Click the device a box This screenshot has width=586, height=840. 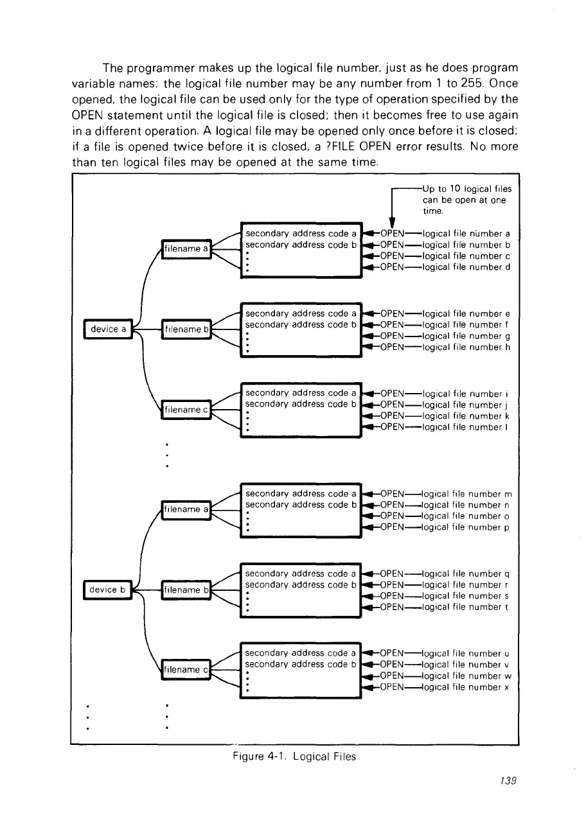click(x=107, y=329)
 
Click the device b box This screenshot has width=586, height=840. click(x=107, y=590)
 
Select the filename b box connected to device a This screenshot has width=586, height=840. click(x=186, y=330)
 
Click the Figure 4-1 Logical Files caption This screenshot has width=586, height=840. click(x=294, y=757)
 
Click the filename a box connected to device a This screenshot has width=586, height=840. click(x=186, y=248)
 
